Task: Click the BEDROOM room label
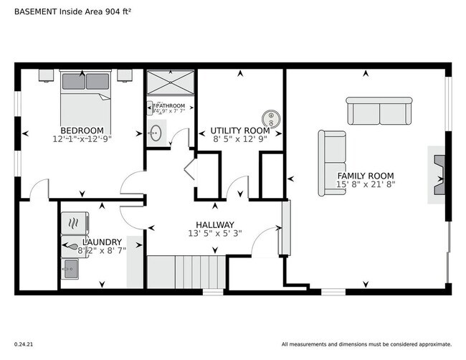tap(82, 130)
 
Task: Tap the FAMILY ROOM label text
tap(366, 175)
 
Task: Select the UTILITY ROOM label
tap(240, 131)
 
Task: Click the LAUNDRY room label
tap(96, 242)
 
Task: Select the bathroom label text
tap(170, 106)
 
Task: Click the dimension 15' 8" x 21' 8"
tap(366, 184)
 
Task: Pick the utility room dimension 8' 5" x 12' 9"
tap(240, 140)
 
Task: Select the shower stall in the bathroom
tap(170, 83)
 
